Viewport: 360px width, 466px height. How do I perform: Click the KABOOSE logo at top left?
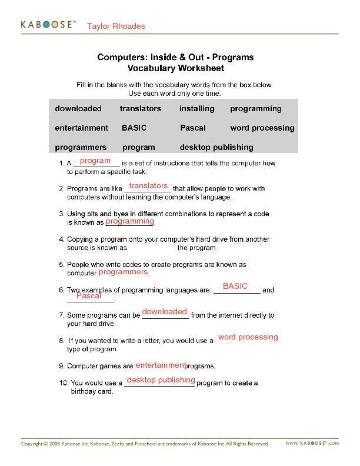click(x=49, y=25)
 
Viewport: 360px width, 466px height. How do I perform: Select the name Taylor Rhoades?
click(x=116, y=26)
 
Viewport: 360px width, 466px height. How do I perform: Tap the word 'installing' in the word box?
click(x=197, y=109)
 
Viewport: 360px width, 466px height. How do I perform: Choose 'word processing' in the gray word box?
click(x=262, y=128)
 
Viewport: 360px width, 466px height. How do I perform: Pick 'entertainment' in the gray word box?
click(x=82, y=128)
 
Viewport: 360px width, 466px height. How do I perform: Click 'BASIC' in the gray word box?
click(x=134, y=128)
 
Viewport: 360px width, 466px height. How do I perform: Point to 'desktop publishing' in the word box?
click(x=216, y=147)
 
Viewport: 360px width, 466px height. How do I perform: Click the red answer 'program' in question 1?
click(x=95, y=161)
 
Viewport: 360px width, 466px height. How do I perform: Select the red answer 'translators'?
click(x=149, y=186)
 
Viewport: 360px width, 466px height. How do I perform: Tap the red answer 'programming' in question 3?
click(x=130, y=221)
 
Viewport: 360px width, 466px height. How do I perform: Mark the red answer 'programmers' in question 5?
click(x=123, y=272)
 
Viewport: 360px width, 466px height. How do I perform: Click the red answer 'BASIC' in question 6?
click(x=235, y=286)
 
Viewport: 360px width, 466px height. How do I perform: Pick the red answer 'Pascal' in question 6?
click(x=89, y=296)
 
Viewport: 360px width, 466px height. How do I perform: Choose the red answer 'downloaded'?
click(x=165, y=311)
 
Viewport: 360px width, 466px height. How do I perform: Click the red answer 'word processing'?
click(x=248, y=337)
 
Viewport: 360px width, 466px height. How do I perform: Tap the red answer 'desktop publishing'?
click(x=161, y=380)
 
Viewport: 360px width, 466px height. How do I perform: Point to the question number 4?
click(x=61, y=240)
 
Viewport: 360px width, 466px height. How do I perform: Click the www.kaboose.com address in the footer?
click(x=312, y=444)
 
